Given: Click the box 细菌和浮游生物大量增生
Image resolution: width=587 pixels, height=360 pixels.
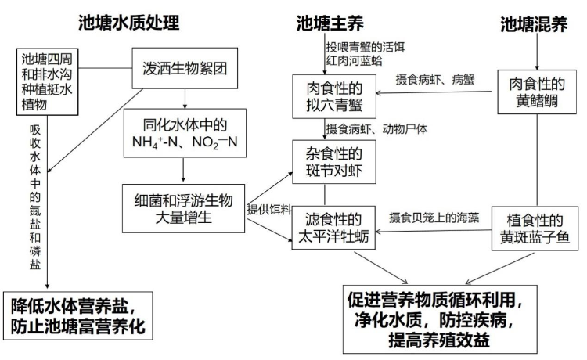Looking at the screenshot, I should (x=185, y=205).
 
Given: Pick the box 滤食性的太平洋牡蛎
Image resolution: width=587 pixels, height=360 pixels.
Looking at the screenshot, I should (x=331, y=228).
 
